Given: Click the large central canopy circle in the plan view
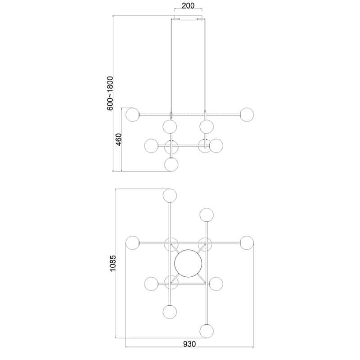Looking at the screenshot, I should click(189, 263).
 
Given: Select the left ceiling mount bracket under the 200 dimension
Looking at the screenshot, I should click(177, 19).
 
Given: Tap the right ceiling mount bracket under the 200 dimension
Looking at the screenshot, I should click(201, 19).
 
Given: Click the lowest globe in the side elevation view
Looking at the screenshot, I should click(171, 164).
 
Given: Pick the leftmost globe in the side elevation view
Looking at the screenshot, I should click(132, 114).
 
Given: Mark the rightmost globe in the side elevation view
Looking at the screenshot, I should click(247, 114).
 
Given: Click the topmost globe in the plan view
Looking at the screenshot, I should click(170, 195).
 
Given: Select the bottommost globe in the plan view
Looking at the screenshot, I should click(207, 331).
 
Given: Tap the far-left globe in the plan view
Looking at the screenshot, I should click(132, 243).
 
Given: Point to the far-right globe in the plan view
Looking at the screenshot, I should click(247, 243).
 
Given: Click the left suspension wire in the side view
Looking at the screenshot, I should click(171, 67).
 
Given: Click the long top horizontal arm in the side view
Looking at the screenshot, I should click(189, 115).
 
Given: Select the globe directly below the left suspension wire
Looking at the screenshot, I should click(170, 126).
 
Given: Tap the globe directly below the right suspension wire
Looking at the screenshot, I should click(207, 126).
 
